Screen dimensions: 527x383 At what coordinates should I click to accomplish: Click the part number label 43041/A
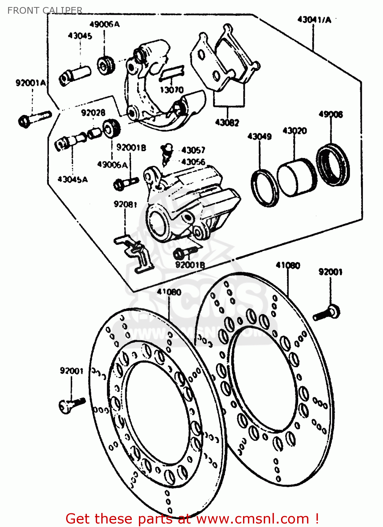coord(314,20)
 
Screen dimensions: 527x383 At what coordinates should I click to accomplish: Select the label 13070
coord(172,90)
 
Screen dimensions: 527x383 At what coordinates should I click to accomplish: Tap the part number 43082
coord(227,123)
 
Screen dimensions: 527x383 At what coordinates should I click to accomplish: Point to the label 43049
coord(259,136)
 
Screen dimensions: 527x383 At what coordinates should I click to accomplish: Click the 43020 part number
coord(295,131)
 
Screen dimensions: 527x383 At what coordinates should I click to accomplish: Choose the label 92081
coord(125,204)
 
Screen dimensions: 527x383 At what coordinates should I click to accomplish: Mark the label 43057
coord(193,150)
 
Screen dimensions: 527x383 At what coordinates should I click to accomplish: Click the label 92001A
coord(31,83)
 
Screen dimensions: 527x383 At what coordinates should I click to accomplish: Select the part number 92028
coord(93,112)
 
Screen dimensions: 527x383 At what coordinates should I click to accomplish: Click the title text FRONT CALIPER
coord(45,11)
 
